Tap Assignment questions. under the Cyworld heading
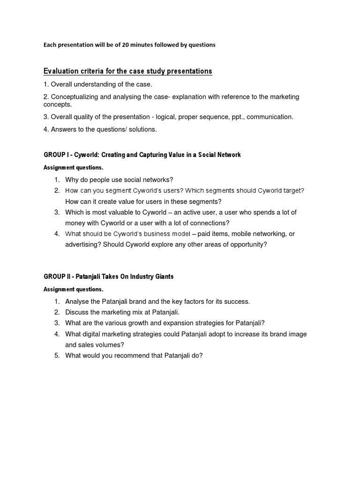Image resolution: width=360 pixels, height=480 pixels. point(73,167)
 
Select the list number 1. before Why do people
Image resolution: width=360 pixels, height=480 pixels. point(57,180)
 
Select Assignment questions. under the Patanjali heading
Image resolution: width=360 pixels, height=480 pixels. point(73,289)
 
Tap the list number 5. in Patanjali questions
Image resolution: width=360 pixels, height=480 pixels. point(57,356)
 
